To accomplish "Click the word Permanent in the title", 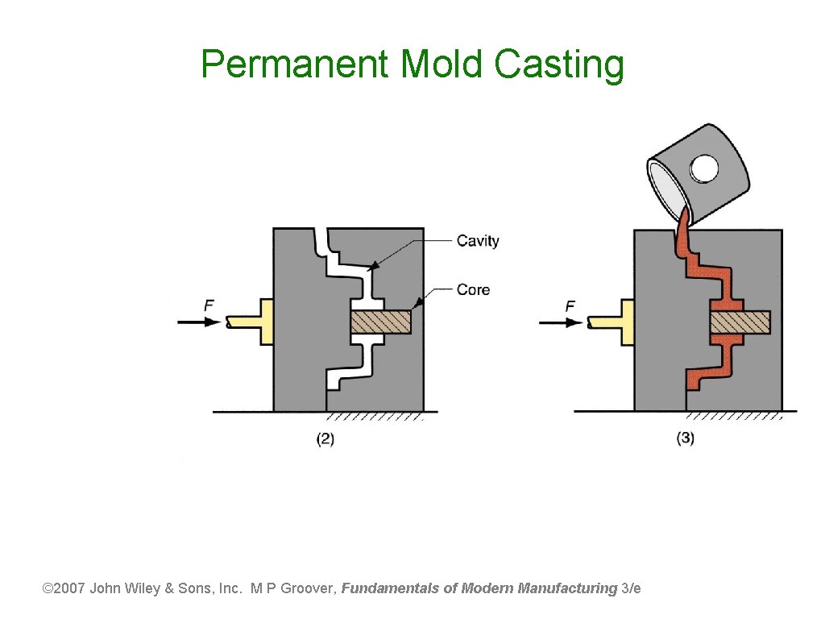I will (295, 64).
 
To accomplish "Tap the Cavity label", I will (478, 241).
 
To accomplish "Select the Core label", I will (473, 289).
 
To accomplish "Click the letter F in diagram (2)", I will (209, 305).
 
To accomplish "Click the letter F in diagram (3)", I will (570, 306).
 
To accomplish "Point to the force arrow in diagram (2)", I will (198, 322).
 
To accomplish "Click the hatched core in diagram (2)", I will (381, 322).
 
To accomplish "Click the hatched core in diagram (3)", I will (740, 322).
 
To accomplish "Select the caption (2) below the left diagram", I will (325, 439).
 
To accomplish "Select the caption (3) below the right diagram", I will (685, 439).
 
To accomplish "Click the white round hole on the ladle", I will (705, 169).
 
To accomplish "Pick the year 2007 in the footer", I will (71, 588).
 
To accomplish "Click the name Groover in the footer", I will (307, 588).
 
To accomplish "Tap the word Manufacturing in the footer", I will (568, 588).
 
